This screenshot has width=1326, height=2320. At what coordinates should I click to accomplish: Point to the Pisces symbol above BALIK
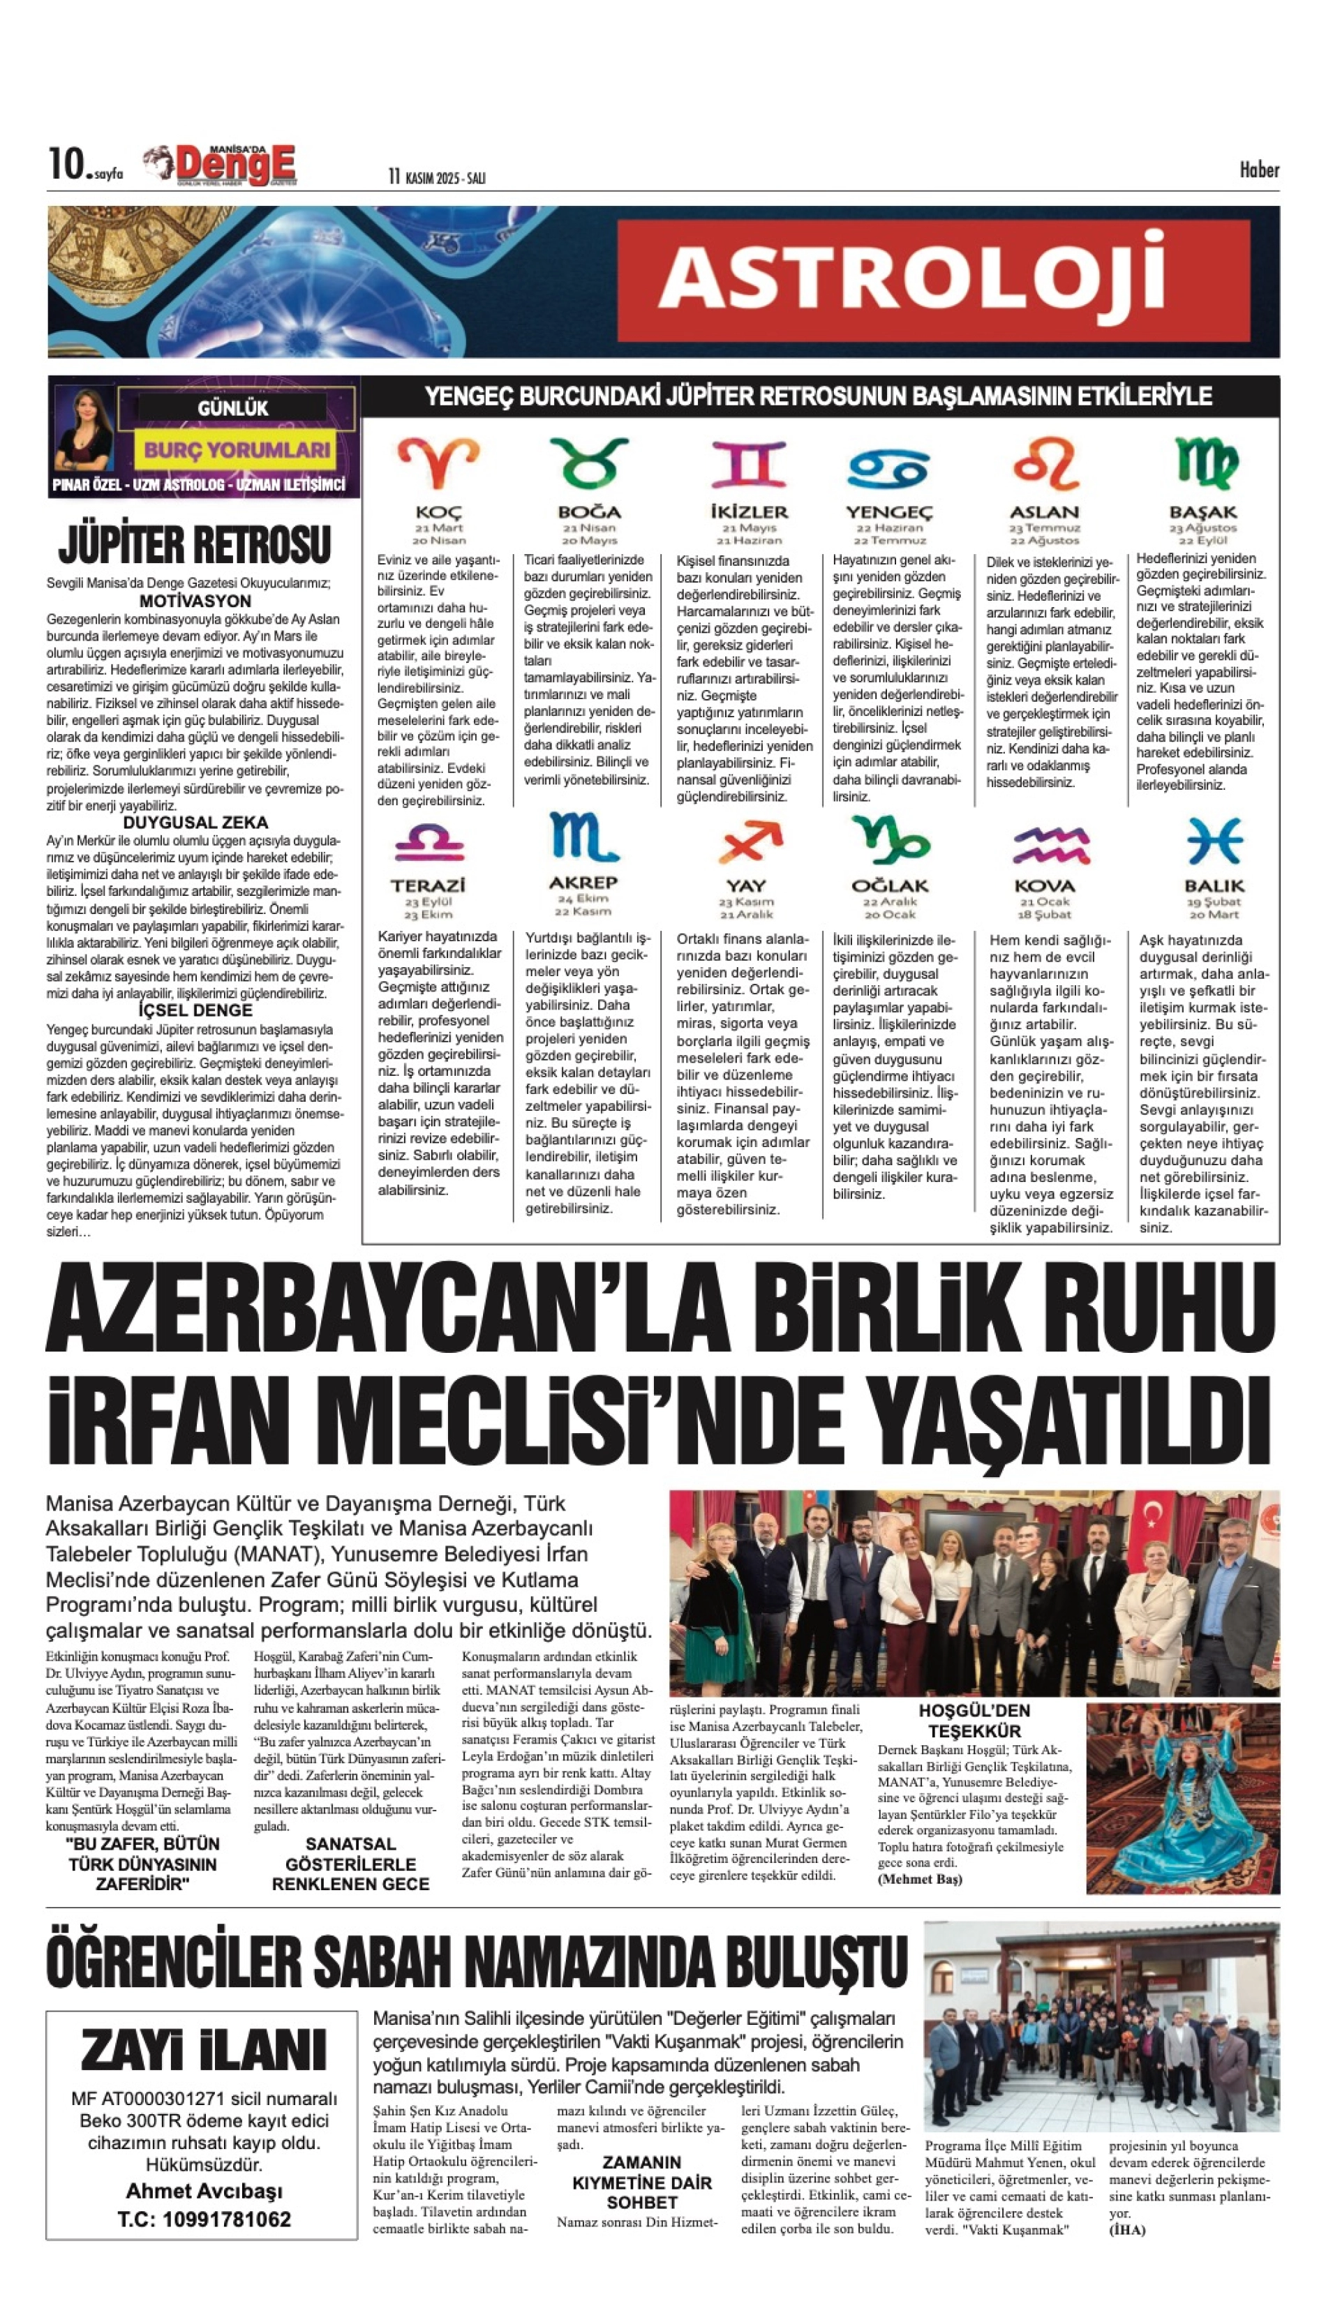(x=1214, y=840)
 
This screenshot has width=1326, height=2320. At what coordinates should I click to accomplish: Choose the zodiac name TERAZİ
(x=428, y=885)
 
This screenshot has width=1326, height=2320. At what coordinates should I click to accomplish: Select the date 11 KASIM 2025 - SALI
(x=436, y=177)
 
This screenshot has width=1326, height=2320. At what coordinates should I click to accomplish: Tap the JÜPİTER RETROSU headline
(x=195, y=544)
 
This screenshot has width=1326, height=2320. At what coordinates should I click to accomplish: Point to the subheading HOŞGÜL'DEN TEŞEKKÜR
(x=974, y=1721)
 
